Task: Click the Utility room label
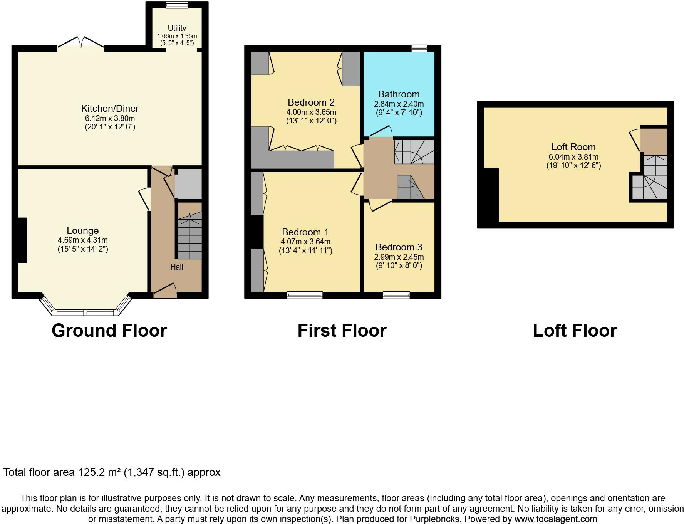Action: pyautogui.click(x=177, y=28)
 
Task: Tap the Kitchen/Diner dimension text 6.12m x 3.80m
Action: pyautogui.click(x=110, y=118)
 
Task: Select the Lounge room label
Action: pyautogui.click(x=82, y=230)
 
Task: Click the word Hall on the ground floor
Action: pyautogui.click(x=177, y=267)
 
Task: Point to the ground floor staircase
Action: pyautogui.click(x=189, y=235)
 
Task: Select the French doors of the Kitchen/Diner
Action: pyautogui.click(x=81, y=43)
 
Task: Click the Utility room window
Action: pyautogui.click(x=177, y=5)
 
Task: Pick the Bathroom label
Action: pyautogui.click(x=399, y=94)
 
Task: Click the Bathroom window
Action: pyautogui.click(x=419, y=48)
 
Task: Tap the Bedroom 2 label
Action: pyautogui.click(x=311, y=102)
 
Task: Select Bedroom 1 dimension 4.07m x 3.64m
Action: pyautogui.click(x=305, y=242)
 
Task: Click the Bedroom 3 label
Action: pyautogui.click(x=399, y=247)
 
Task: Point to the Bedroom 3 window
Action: pyautogui.click(x=396, y=295)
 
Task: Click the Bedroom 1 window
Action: pyautogui.click(x=305, y=295)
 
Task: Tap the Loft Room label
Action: pyautogui.click(x=573, y=147)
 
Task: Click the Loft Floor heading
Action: pyautogui.click(x=575, y=331)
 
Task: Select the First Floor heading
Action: pyautogui.click(x=342, y=331)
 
